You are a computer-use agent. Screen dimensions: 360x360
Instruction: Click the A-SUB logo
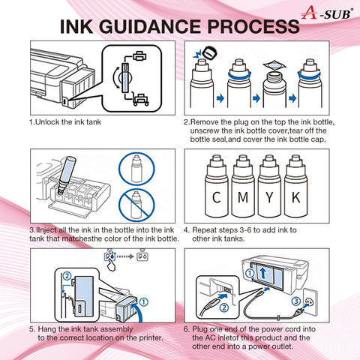pyautogui.click(x=327, y=13)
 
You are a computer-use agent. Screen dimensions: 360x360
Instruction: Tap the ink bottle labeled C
pyautogui.click(x=216, y=186)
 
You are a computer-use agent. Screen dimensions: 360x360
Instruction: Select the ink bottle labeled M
pyautogui.click(x=243, y=186)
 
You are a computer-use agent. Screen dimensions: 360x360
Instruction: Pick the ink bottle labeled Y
pyautogui.click(x=269, y=186)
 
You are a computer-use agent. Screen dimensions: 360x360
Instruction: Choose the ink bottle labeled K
pyautogui.click(x=295, y=186)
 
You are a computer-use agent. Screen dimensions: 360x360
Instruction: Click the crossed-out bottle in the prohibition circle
pyautogui.click(x=136, y=205)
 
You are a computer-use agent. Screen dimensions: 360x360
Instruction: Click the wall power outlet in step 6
pyautogui.click(x=310, y=301)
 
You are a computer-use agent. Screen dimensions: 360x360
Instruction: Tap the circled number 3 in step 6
pyautogui.click(x=296, y=301)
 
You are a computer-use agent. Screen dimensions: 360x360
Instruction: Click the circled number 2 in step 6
pyautogui.click(x=224, y=307)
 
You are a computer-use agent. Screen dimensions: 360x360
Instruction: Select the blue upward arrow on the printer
pyautogui.click(x=262, y=273)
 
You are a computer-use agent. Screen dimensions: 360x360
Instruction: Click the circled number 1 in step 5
pyautogui.click(x=143, y=301)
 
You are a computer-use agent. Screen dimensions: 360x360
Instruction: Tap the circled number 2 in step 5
pyautogui.click(x=67, y=276)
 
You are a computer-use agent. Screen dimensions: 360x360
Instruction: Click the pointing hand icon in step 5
pyautogui.click(x=112, y=265)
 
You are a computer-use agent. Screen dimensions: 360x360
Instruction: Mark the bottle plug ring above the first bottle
pyautogui.click(x=209, y=52)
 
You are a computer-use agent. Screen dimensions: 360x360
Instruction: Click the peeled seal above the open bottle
pyautogui.click(x=274, y=65)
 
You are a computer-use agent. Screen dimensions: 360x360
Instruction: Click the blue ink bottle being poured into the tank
pyautogui.click(x=65, y=175)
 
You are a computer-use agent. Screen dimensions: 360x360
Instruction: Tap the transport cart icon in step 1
pyautogui.click(x=140, y=99)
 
